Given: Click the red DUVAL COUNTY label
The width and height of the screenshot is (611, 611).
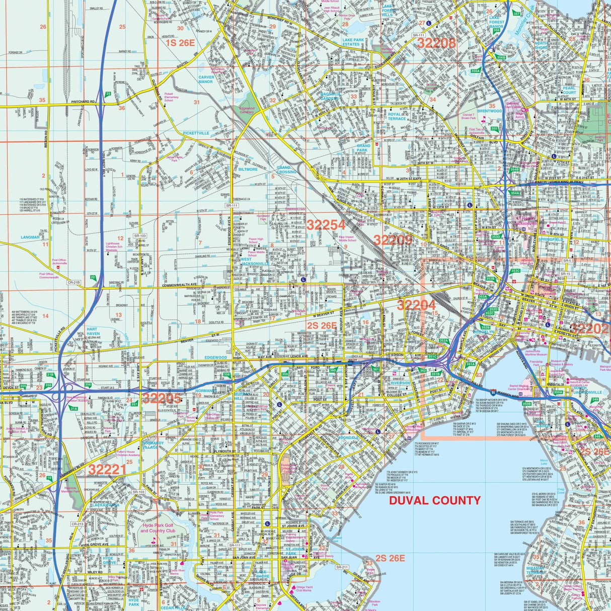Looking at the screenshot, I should click(x=435, y=500).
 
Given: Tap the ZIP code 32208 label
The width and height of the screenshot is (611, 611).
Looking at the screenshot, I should click(x=436, y=43).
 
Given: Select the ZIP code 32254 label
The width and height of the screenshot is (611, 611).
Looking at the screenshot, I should click(x=326, y=225).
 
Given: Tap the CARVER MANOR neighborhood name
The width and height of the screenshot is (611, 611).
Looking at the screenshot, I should click(x=206, y=79).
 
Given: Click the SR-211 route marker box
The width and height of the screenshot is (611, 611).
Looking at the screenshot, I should click(x=342, y=567).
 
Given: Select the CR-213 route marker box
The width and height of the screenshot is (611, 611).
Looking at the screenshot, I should click(x=77, y=524).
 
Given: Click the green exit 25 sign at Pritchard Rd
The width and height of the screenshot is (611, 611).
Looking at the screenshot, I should click(x=108, y=94).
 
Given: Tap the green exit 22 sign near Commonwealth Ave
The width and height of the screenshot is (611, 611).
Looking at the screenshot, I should click(x=93, y=277).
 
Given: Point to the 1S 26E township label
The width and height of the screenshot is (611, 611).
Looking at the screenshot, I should click(x=180, y=43).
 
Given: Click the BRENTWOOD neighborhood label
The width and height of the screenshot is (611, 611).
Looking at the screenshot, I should click(x=489, y=111).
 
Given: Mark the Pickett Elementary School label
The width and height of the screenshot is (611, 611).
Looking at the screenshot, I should click(x=168, y=97).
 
